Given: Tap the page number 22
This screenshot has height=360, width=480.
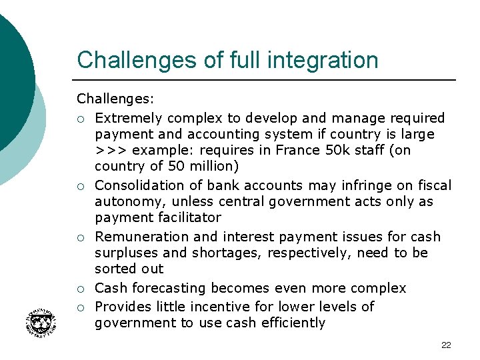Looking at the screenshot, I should [x=446, y=345].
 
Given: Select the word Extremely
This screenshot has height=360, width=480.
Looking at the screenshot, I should [x=128, y=118].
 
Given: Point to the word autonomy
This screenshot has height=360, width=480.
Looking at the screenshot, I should [x=124, y=202].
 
